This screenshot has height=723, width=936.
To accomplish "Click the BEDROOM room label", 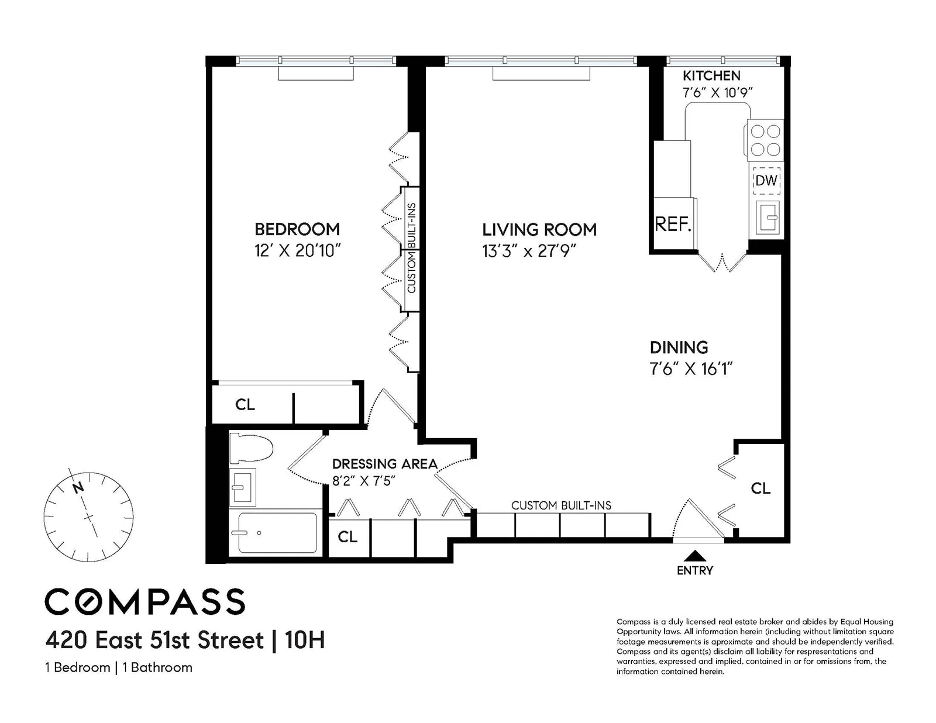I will pyautogui.click(x=297, y=229).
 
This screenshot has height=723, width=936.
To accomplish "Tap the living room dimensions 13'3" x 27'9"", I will pyautogui.click(x=529, y=251).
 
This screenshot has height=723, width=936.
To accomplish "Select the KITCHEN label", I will pyautogui.click(x=711, y=75).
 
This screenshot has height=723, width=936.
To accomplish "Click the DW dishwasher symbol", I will pyautogui.click(x=766, y=180).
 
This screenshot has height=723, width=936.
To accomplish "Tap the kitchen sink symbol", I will pyautogui.click(x=766, y=217).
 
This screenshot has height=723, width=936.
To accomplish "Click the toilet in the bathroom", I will pyautogui.click(x=252, y=449).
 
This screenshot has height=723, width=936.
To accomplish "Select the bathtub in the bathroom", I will pyautogui.click(x=277, y=532).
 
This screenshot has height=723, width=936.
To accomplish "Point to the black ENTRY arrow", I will pyautogui.click(x=695, y=555).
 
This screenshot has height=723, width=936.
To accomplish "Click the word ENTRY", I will pyautogui.click(x=695, y=570).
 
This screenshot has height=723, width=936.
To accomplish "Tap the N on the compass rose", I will pyautogui.click(x=78, y=487).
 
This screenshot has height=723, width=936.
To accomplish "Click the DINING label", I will pyautogui.click(x=679, y=347).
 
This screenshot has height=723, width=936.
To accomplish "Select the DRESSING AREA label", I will pyautogui.click(x=384, y=464).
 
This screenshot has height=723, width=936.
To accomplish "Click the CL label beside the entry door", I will pyautogui.click(x=760, y=488).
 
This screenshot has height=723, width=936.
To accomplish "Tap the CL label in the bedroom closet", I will pyautogui.click(x=245, y=404).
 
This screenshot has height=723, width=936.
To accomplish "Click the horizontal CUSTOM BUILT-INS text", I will pyautogui.click(x=561, y=505).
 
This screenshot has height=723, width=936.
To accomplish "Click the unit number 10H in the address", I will pyautogui.click(x=304, y=640).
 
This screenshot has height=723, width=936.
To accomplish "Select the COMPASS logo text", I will pyautogui.click(x=145, y=602).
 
